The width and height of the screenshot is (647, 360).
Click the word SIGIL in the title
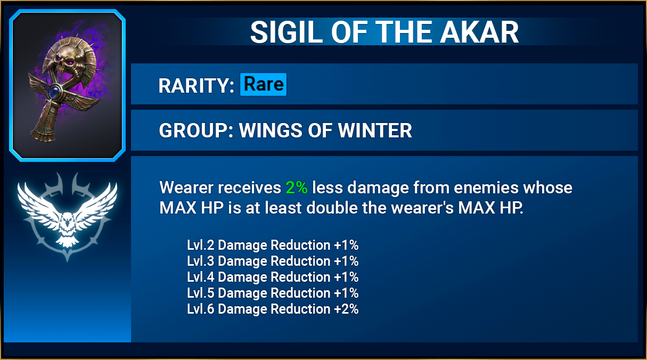(286, 32)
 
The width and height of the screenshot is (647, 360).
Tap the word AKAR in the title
(479, 32)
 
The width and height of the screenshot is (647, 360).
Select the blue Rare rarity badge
(264, 84)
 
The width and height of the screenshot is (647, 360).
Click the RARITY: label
(196, 86)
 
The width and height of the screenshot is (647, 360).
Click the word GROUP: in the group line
(196, 130)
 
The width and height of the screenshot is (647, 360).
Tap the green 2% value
(297, 187)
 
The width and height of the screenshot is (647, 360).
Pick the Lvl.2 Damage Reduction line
(272, 245)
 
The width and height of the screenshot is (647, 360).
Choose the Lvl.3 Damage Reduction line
(272, 261)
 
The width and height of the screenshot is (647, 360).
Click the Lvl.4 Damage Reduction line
(272, 277)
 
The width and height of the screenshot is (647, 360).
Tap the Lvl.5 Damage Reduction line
(272, 293)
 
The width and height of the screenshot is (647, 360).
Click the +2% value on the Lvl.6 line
(346, 309)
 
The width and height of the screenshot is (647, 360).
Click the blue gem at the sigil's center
(54, 92)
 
